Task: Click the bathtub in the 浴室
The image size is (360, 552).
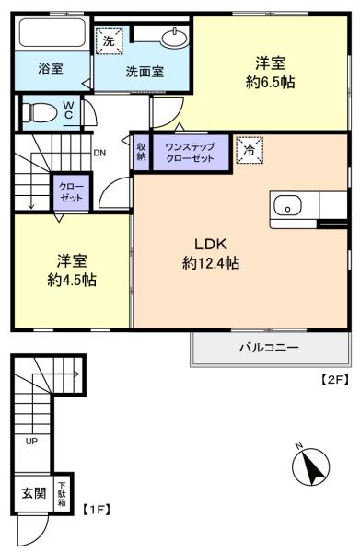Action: point(52,32)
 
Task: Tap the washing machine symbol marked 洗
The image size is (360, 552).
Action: point(110,40)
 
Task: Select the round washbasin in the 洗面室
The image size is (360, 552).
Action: point(174,38)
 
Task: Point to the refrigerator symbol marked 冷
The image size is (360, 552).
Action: point(250,150)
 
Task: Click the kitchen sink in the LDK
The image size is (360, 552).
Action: point(287,205)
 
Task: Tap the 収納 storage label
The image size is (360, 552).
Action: point(141,152)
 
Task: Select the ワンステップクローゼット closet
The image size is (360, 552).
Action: point(191,152)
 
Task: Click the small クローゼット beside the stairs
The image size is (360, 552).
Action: point(71,192)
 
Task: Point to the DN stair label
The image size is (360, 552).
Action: point(99,153)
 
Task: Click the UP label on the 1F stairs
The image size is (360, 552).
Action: point(31,441)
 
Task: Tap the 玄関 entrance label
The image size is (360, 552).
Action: point(34,493)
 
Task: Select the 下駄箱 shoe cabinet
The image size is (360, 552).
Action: point(62,493)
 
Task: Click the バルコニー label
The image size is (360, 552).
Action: point(269,348)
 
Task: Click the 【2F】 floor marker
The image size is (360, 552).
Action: point(334,379)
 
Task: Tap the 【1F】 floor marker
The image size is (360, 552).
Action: point(97,510)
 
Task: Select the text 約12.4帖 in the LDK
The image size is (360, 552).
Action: point(211,262)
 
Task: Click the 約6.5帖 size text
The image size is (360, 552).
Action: point(270,82)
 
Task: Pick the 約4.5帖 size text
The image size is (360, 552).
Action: point(72,281)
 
